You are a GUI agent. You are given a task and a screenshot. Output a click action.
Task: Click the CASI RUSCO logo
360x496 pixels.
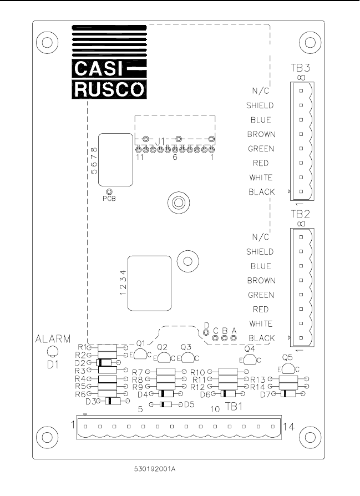[109, 62]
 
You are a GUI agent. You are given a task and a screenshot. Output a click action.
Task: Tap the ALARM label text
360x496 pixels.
[53, 339]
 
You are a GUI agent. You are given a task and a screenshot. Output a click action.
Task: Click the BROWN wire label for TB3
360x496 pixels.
[260, 134]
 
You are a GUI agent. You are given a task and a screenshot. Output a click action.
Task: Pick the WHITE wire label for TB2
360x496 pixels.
[260, 323]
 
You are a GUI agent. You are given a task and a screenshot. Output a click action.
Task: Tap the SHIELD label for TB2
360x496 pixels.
[260, 251]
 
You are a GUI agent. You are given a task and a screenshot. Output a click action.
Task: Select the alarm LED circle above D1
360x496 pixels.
[53, 351]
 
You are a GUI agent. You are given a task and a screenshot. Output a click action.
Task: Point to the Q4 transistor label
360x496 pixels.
[250, 349]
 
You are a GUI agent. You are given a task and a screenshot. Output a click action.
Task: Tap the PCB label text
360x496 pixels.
[110, 198]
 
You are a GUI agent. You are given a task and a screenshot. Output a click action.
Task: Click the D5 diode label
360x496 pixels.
[189, 404]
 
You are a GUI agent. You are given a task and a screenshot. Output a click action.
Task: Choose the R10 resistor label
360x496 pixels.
[197, 372]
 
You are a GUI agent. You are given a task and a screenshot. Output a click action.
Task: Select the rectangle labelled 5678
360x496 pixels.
[115, 160]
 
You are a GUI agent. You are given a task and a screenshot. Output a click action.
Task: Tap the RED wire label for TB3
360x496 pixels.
[261, 163]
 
